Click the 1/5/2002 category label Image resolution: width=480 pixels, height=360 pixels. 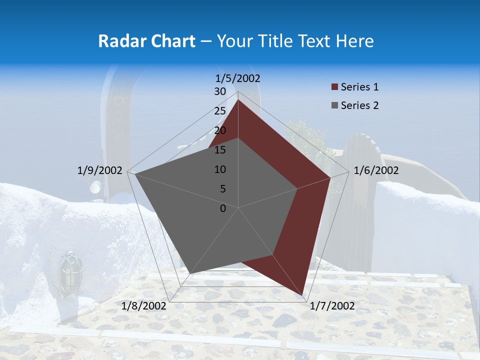(238, 78)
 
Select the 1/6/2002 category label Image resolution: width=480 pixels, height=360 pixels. (376, 170)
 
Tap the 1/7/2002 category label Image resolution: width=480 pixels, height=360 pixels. (332, 306)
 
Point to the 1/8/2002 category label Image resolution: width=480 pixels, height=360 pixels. (144, 306)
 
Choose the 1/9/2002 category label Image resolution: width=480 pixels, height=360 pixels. (100, 170)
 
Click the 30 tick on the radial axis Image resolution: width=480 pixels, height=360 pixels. (220, 91)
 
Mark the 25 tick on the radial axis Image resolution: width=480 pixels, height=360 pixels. (220, 111)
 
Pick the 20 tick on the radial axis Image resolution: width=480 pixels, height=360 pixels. (220, 130)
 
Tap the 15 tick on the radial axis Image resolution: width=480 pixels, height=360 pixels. (220, 150)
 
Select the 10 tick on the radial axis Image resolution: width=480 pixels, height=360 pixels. (220, 169)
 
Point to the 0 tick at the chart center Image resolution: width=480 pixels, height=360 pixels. (223, 208)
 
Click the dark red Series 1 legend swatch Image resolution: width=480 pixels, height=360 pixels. (334, 87)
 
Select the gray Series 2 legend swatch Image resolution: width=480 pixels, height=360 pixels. (334, 105)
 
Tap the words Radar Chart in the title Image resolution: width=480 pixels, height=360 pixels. (146, 41)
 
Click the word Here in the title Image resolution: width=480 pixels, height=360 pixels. (354, 41)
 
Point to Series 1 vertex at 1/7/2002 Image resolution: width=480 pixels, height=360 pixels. (303, 295)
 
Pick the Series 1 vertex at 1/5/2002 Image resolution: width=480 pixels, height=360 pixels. (238, 100)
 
